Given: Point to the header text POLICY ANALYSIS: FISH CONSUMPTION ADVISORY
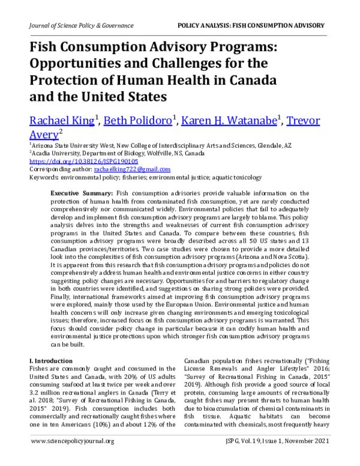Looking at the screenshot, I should coord(251,25).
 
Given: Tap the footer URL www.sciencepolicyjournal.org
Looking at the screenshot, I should coord(71,458).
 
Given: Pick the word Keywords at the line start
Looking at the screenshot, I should coord(43,178).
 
